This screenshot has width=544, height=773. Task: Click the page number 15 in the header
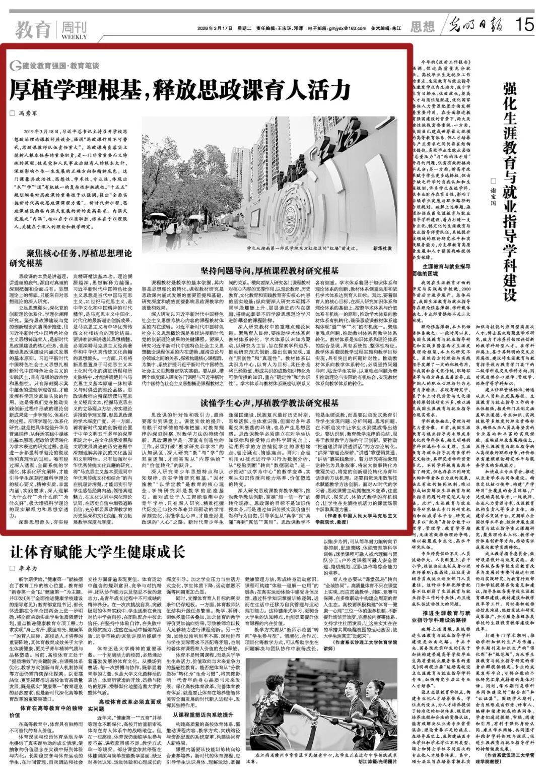click(x=524, y=24)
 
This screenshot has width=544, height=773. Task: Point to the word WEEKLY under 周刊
click(x=74, y=37)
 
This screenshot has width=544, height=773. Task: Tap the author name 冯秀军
click(x=29, y=113)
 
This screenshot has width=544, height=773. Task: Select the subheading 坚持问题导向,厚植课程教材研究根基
click(x=269, y=270)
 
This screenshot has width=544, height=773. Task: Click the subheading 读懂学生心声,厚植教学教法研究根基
click(x=269, y=403)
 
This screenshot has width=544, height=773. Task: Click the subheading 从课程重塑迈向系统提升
click(x=203, y=715)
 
